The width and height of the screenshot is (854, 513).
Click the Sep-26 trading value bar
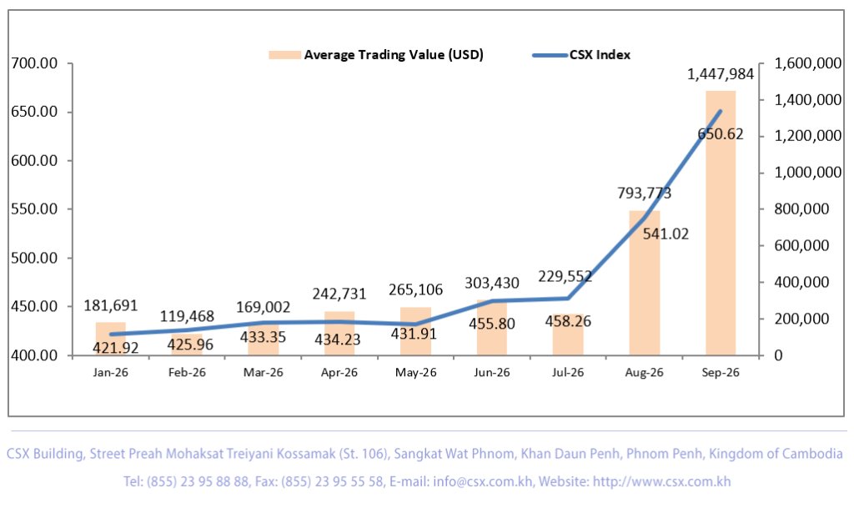click(x=721, y=223)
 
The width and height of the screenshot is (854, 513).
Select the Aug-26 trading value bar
click(x=645, y=283)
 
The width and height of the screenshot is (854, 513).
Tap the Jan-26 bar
click(x=111, y=338)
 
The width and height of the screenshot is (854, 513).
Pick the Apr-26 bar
click(x=339, y=333)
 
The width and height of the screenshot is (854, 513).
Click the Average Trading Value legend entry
click(x=376, y=55)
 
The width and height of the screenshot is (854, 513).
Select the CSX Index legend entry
click(x=581, y=55)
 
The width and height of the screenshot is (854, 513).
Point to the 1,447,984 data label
click(x=721, y=74)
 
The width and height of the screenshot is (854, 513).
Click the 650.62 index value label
click(x=721, y=134)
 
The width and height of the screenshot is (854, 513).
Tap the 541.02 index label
click(x=666, y=234)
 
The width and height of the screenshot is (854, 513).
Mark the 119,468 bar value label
click(x=187, y=316)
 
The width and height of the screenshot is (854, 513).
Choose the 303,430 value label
click(x=492, y=283)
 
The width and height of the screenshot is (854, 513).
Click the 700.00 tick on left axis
click(x=34, y=63)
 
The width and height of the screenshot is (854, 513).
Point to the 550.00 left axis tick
click(x=34, y=209)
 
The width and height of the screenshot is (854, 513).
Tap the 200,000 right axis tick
click(x=801, y=319)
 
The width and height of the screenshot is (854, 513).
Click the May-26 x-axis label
click(x=416, y=373)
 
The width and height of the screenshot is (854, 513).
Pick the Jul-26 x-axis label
click(x=568, y=373)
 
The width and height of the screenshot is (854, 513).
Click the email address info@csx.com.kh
click(x=483, y=482)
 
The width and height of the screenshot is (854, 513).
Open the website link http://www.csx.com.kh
click(x=661, y=482)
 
